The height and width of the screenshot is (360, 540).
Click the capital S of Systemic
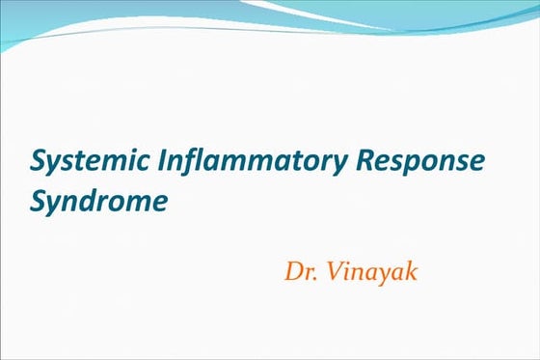[x=39, y=160]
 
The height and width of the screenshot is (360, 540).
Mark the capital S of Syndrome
[x=39, y=201]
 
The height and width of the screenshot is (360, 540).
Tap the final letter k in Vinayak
[x=412, y=270]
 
